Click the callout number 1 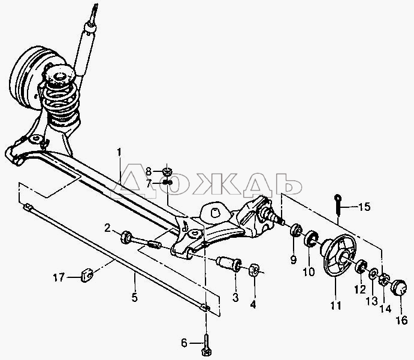tap(119, 153)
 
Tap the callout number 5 tap(134, 298)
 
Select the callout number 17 tap(59, 277)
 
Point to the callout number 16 tap(401, 320)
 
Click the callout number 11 tap(336, 305)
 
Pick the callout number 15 tap(365, 207)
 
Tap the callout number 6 tap(184, 343)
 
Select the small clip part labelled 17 tap(86, 275)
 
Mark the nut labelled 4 tap(253, 269)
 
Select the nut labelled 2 tap(126, 237)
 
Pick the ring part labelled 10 tap(312, 238)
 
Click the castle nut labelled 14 tap(383, 279)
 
